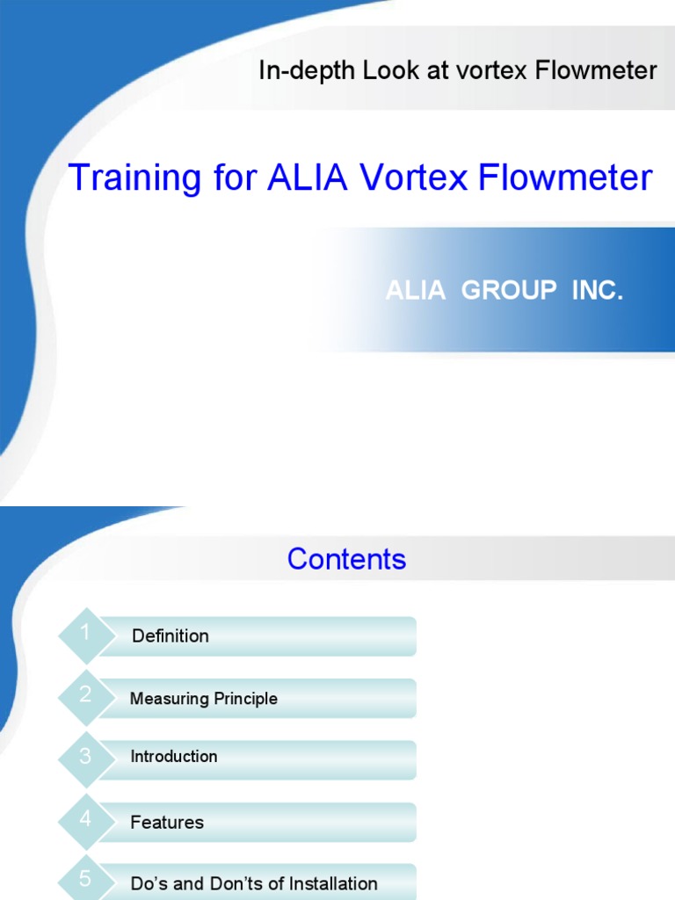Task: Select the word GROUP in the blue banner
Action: click(x=509, y=292)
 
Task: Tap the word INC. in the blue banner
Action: click(x=598, y=292)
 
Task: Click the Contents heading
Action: click(x=346, y=560)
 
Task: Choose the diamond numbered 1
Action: click(x=85, y=635)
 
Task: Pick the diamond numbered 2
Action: click(x=85, y=696)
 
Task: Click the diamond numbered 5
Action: click(x=85, y=880)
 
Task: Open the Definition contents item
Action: click(x=171, y=636)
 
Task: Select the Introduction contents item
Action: click(x=174, y=757)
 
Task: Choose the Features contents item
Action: click(x=167, y=823)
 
